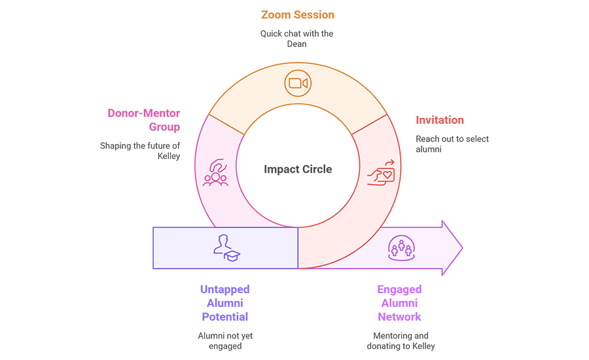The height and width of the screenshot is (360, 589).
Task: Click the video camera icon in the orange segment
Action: (x=297, y=83)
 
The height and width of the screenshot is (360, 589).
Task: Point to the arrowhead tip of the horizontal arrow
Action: (x=461, y=247)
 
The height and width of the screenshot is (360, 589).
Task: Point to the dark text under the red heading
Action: (x=448, y=139)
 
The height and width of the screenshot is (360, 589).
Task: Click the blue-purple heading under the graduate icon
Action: (x=226, y=300)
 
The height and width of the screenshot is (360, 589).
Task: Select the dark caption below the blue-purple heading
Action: (x=226, y=339)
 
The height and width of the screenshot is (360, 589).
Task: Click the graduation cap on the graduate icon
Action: (x=233, y=254)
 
